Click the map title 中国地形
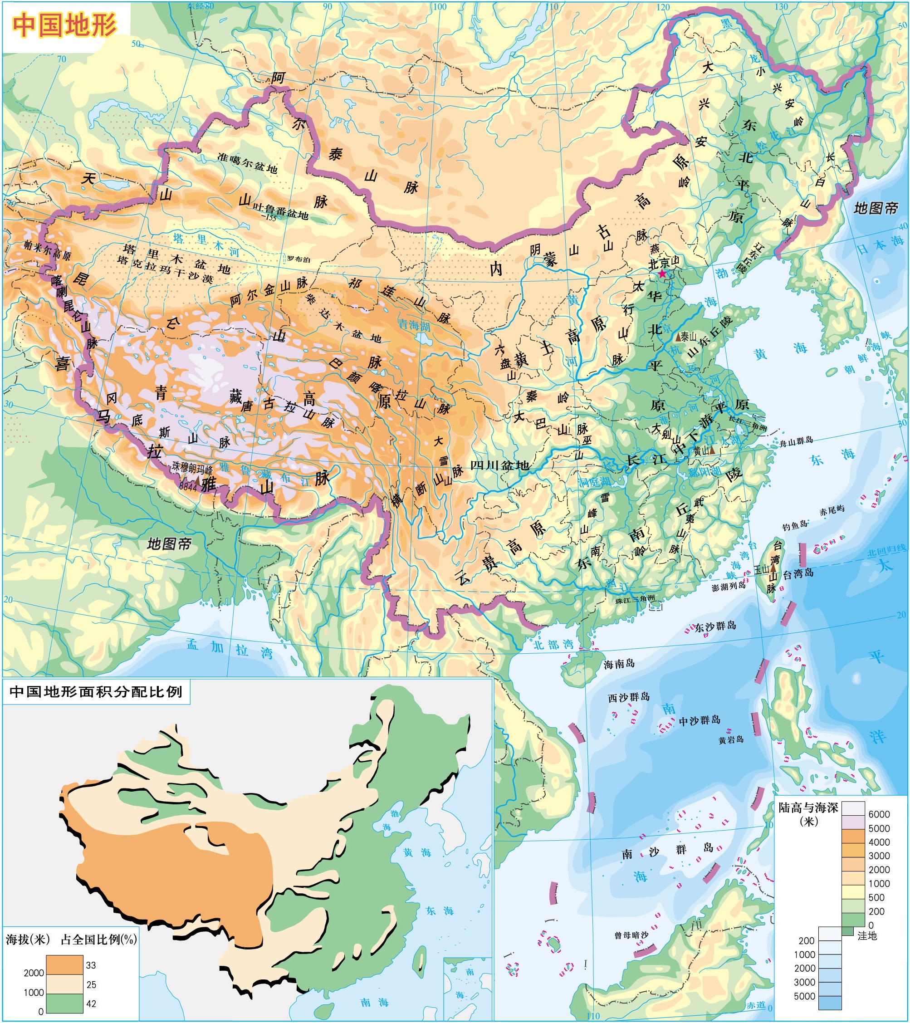[64, 24]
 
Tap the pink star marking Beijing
[662, 274]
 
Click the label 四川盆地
[499, 465]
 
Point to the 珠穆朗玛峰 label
[193, 465]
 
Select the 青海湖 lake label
[414, 325]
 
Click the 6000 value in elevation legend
[878, 814]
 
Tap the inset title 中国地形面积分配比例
[96, 691]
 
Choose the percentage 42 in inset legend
[91, 1003]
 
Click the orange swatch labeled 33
[64, 964]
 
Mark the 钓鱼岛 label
[795, 524]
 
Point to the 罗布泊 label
[298, 259]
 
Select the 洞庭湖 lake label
[595, 483]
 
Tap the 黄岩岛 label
[731, 740]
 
